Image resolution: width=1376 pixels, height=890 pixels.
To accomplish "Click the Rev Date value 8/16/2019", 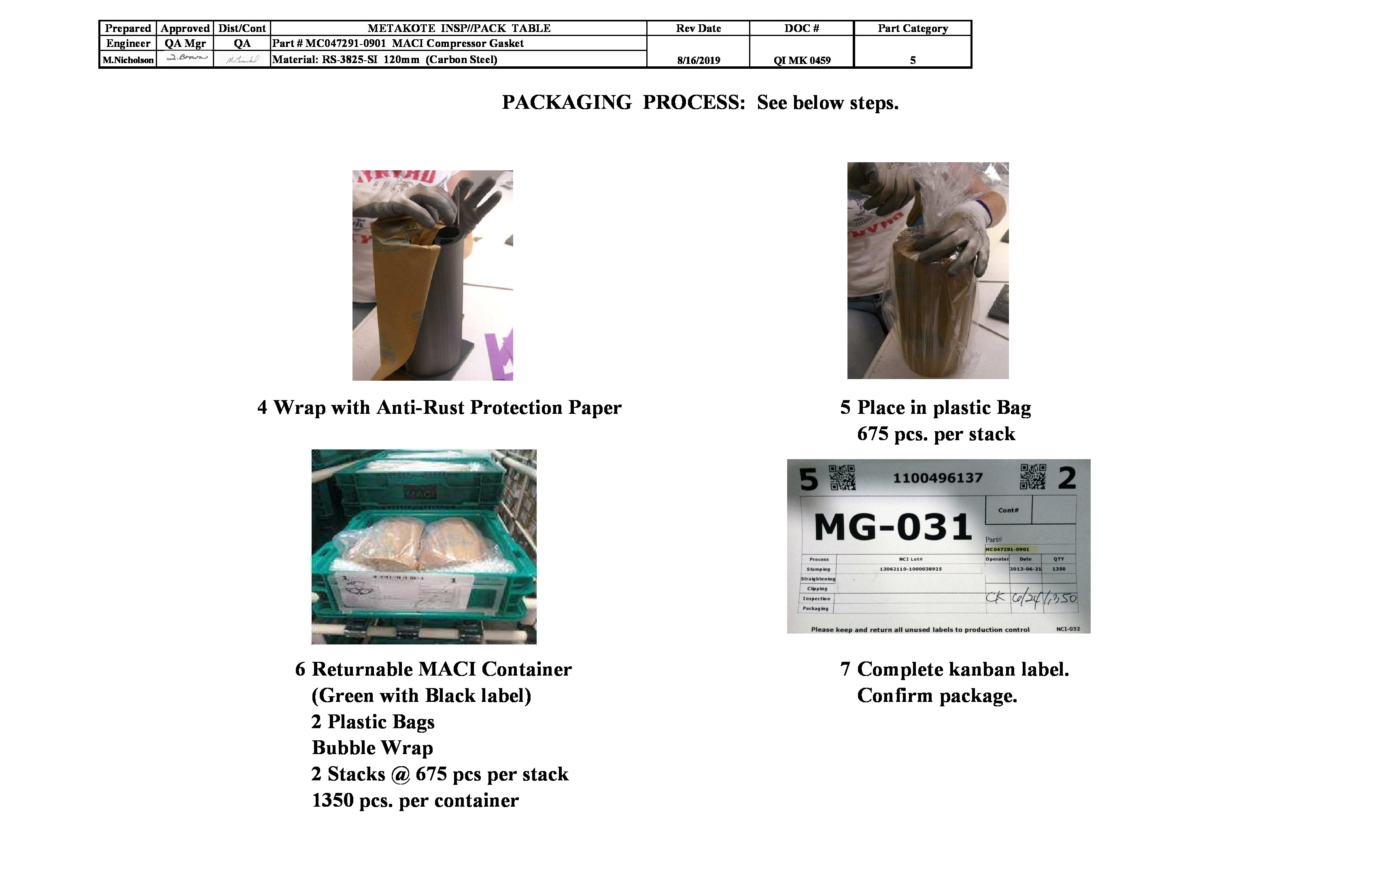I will [x=699, y=60].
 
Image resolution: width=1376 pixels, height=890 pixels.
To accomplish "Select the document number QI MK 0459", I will [x=802, y=60].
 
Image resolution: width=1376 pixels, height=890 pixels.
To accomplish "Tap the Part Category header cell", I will [x=912, y=28].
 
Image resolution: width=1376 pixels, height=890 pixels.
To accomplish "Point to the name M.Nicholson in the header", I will [x=128, y=59].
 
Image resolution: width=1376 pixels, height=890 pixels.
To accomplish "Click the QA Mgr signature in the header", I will [x=186, y=58].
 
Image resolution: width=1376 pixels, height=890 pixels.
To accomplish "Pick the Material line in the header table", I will [x=384, y=59].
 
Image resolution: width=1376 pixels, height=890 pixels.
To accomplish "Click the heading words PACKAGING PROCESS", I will [x=623, y=102].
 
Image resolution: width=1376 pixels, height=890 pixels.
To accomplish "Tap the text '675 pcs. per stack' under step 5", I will [x=935, y=434].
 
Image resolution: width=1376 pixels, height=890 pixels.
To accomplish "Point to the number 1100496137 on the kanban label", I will [x=937, y=478].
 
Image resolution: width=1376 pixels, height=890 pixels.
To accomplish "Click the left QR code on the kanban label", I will [x=842, y=477].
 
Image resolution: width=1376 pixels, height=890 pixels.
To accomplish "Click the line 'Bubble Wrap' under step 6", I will [x=372, y=748].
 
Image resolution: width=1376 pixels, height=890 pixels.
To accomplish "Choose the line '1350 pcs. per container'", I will [x=415, y=801].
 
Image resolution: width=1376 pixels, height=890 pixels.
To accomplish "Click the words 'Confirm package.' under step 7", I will [x=936, y=696].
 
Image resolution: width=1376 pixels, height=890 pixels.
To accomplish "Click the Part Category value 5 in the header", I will [x=912, y=60].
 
